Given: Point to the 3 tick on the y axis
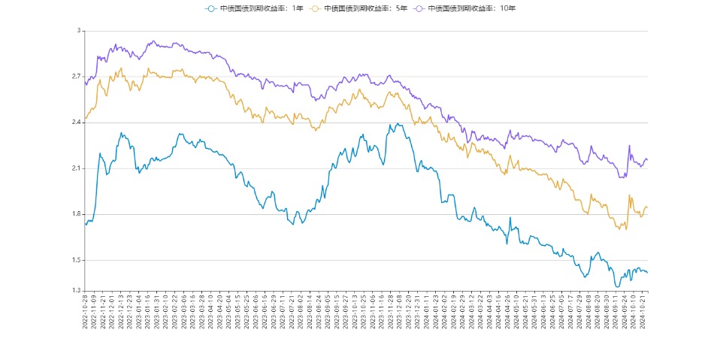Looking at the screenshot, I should click(78, 31).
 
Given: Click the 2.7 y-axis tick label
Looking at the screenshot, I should click(75, 77).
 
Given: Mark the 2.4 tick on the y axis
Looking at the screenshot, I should click(75, 123).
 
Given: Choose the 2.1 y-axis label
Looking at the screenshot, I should click(75, 168).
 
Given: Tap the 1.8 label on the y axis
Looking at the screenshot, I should click(75, 214).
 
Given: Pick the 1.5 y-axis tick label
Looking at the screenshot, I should click(75, 260).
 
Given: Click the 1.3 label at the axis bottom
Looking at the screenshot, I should click(75, 291).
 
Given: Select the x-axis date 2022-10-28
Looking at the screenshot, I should click(86, 312).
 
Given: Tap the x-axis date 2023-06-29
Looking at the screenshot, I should click(273, 312).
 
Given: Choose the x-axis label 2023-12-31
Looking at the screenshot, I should click(416, 312).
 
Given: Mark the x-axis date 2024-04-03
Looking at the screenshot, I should click(489, 312).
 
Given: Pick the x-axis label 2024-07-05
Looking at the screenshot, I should click(561, 312).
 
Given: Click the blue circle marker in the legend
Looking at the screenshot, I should click(210, 8).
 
